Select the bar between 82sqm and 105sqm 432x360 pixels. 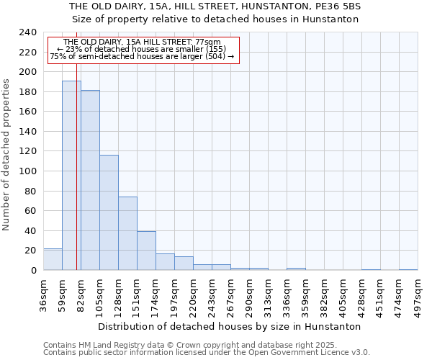[90, 180]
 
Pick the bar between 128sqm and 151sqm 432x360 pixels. [127, 233]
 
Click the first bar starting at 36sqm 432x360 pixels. [53, 259]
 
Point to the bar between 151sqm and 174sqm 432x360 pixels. [146, 251]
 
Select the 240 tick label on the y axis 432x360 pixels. [28, 32]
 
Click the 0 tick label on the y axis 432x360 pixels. [33, 271]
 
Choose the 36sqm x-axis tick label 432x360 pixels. [43, 291]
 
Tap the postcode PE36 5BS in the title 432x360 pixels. [337, 6]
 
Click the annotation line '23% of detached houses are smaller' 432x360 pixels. [141, 49]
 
